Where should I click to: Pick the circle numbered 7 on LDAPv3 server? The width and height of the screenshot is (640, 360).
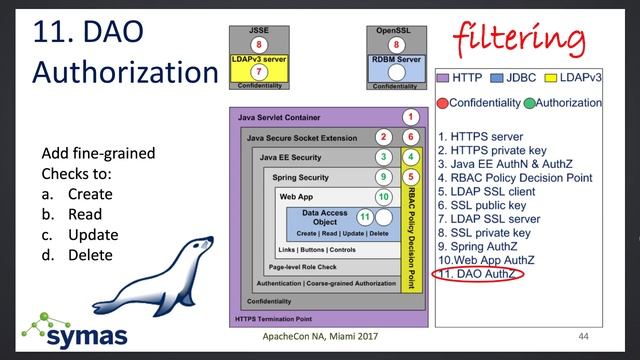coord(258,72)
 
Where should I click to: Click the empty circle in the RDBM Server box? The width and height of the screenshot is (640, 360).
coord(397,72)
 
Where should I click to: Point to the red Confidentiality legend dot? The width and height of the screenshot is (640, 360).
coord(443,103)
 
